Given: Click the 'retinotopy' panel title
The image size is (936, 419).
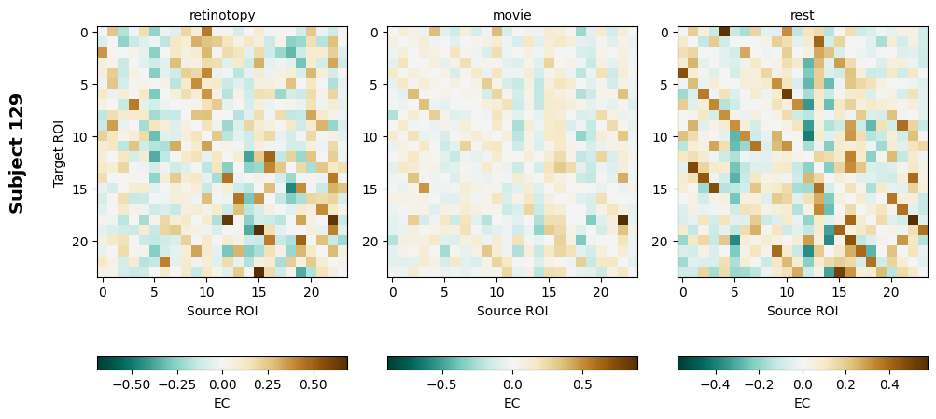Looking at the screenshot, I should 222,15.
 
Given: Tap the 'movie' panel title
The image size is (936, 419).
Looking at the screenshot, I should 512,15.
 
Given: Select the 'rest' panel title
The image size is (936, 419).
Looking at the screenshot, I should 803,15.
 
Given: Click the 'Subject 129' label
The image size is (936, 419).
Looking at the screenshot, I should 17,153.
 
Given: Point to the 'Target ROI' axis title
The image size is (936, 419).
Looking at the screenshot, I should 59,152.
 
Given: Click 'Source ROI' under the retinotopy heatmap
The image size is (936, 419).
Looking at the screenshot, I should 222,310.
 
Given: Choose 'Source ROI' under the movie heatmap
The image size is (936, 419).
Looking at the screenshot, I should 512,310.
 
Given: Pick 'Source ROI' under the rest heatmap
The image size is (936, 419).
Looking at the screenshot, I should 803,310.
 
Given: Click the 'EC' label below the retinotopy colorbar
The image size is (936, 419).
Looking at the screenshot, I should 222,403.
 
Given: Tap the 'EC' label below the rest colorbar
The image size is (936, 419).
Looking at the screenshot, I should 803,403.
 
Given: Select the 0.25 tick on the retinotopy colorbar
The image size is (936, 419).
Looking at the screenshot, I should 268,384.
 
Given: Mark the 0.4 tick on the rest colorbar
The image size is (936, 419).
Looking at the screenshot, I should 889,384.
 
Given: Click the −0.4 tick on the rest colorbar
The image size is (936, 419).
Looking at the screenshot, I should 716,384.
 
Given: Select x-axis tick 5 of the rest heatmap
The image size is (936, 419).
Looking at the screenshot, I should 735,292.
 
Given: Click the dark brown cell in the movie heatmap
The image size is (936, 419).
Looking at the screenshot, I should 622,220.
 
